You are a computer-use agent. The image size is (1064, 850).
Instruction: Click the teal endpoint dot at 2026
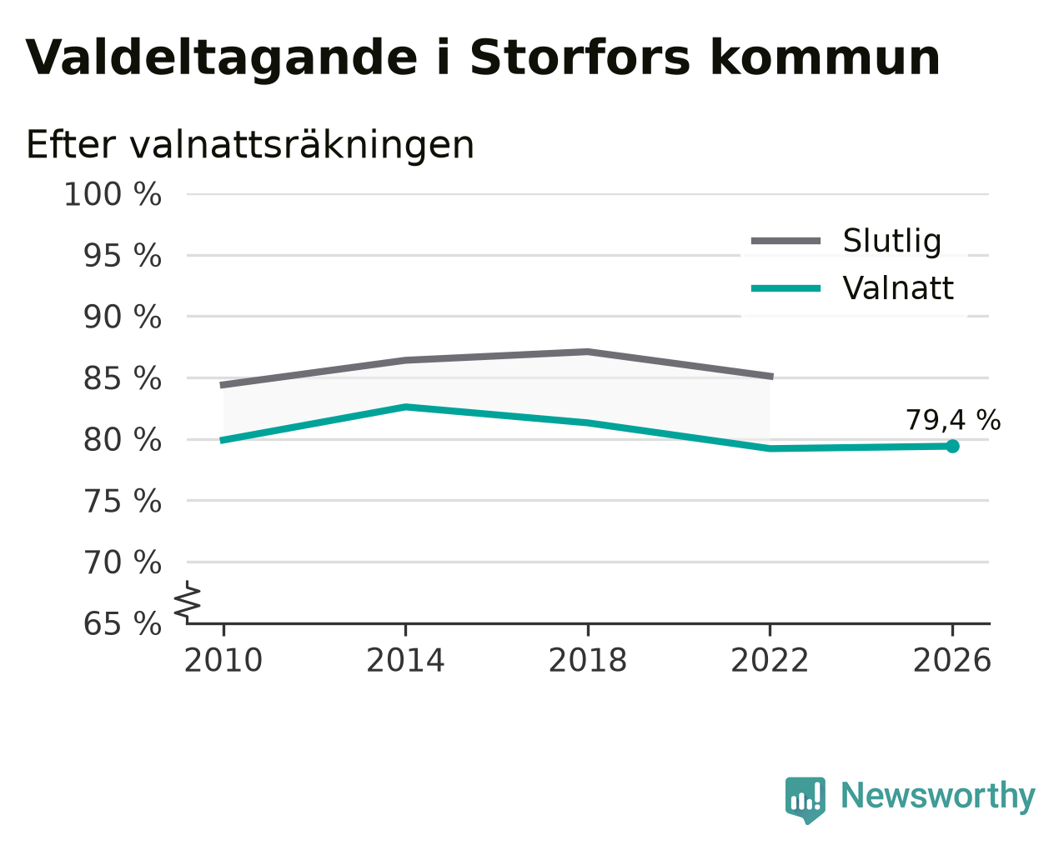[952, 447]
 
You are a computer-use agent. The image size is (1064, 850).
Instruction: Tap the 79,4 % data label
[953, 421]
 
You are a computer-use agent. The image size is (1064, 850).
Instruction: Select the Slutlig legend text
[891, 241]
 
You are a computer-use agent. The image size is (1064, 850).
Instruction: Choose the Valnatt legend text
[898, 288]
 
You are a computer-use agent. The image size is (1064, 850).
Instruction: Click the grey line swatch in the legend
[785, 241]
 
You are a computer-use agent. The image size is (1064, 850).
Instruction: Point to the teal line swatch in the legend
[785, 288]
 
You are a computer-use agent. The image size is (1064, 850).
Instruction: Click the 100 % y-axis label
[113, 195]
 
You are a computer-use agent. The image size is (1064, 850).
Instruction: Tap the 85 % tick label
[122, 379]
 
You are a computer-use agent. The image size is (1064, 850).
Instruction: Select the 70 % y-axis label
[122, 562]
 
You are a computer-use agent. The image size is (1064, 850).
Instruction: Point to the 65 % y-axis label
[122, 623]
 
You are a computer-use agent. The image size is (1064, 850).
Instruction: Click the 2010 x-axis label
[223, 661]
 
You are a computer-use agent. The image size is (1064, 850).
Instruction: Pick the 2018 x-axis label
[587, 661]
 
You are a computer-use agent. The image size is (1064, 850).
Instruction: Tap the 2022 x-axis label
[770, 661]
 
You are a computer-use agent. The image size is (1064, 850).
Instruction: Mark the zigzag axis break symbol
[188, 600]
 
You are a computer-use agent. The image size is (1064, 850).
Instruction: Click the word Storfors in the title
[580, 58]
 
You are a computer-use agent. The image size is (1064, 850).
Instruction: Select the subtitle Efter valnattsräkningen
[250, 146]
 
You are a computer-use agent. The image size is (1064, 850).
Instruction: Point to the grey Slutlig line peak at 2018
[587, 352]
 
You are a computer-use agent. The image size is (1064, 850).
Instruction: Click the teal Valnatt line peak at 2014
[405, 407]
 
